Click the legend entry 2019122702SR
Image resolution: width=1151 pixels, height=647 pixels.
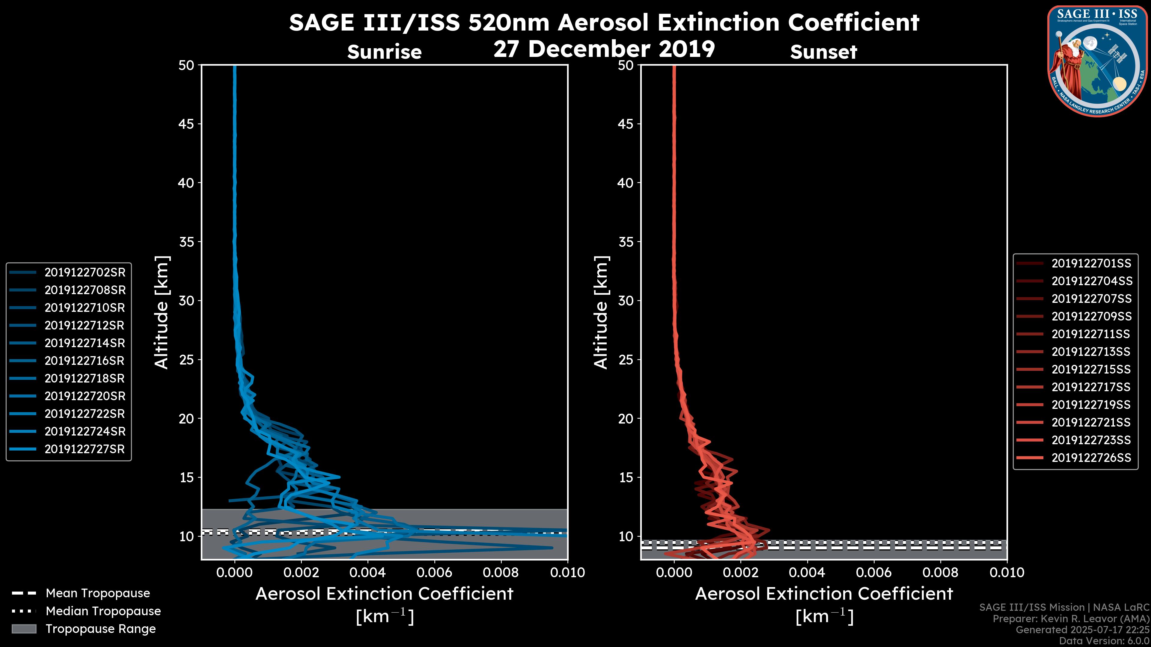point(85,272)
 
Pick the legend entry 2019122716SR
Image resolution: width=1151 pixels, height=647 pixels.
point(85,361)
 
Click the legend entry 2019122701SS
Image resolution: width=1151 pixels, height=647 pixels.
point(1091,264)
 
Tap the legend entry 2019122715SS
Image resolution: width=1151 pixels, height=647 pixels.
point(1091,369)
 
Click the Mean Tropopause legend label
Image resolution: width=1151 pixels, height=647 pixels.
point(98,593)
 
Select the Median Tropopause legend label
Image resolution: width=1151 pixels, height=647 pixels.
point(103,611)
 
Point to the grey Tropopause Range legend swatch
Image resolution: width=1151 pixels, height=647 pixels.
point(24,629)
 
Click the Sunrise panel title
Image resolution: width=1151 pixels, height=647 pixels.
point(384,52)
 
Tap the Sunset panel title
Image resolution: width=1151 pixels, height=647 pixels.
point(823,52)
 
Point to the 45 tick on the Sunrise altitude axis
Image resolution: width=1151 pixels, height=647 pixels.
point(186,124)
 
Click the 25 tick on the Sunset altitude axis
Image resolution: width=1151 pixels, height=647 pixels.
point(626,359)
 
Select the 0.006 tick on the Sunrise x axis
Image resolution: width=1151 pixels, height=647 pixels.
point(434,572)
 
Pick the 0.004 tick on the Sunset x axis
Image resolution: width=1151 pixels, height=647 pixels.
point(807,572)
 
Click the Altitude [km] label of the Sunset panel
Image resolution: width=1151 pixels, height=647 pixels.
point(601,312)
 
